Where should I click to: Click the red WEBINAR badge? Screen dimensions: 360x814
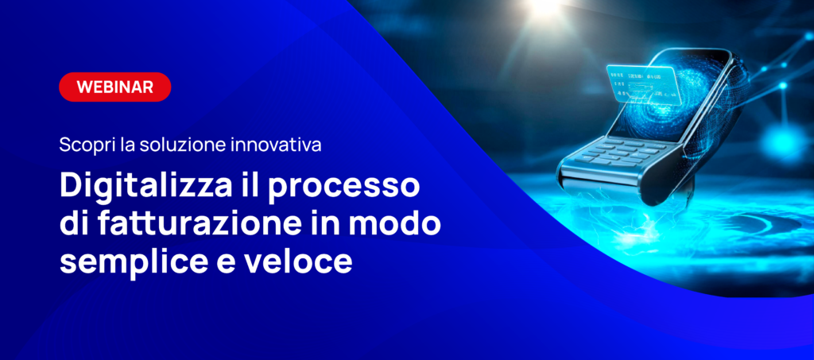pyautogui.click(x=114, y=87)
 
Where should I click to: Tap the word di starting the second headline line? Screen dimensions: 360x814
pyautogui.click(x=75, y=225)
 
